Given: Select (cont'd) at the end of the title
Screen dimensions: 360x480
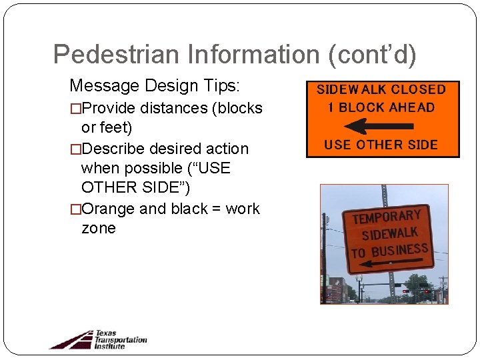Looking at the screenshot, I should [x=373, y=55].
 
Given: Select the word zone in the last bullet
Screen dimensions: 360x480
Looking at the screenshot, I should [x=99, y=229].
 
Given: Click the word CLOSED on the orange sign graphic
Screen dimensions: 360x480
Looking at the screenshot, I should [x=418, y=89].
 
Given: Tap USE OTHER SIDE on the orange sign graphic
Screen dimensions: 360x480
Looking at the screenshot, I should [x=381, y=145].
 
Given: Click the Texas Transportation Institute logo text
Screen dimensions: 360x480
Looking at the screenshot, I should [x=120, y=339].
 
